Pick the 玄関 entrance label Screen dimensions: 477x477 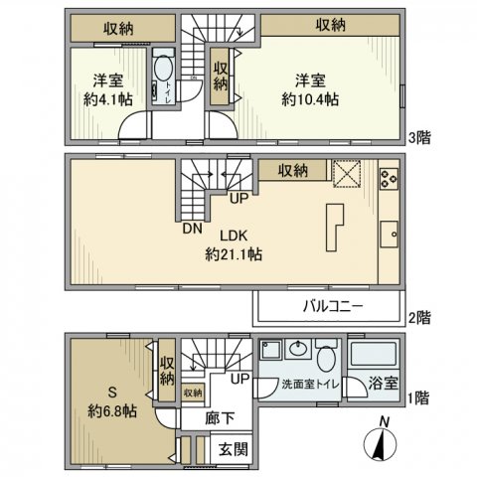tap(234, 450)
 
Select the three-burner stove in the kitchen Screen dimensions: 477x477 tap(388, 177)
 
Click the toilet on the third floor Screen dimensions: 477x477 tap(163, 78)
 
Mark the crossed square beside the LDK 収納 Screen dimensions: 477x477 tap(346, 172)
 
